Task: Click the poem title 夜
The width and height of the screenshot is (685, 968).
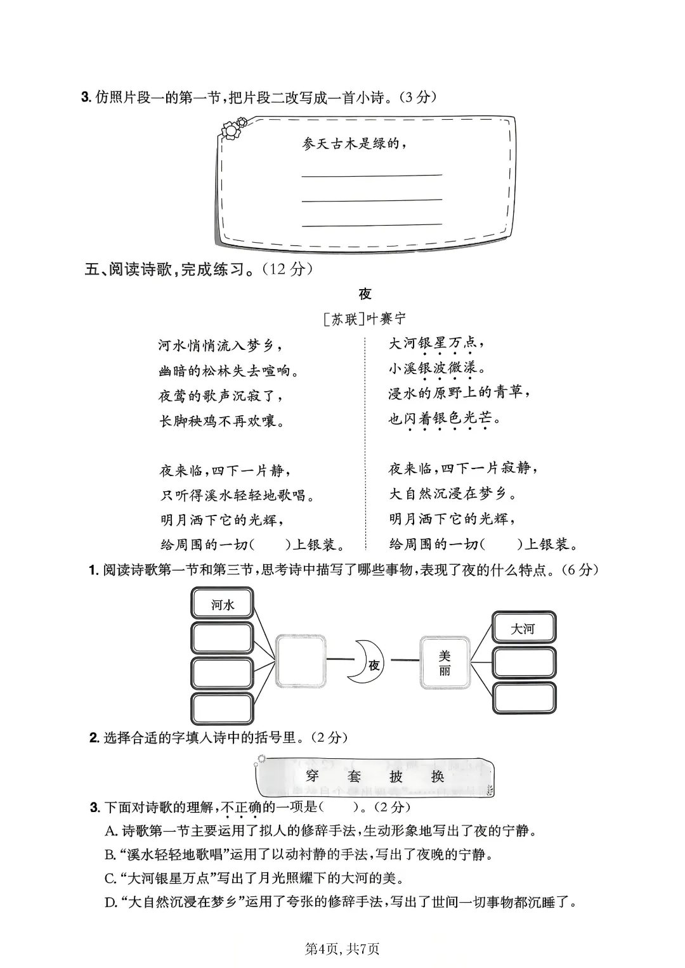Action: (365, 294)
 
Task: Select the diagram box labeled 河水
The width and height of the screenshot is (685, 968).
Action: (223, 605)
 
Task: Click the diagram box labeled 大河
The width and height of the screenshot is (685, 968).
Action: (523, 629)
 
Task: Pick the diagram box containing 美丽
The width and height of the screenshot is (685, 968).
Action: (445, 662)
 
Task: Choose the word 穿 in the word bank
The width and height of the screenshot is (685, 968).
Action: (311, 776)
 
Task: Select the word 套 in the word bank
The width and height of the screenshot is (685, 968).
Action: (353, 776)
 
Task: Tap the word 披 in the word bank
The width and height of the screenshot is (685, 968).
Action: (396, 776)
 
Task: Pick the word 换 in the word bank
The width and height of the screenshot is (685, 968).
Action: (438, 776)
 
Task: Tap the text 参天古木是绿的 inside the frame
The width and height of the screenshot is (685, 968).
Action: (354, 144)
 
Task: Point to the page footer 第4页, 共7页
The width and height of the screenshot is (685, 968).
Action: (342, 948)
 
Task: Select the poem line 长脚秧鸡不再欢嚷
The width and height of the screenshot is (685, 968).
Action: (221, 421)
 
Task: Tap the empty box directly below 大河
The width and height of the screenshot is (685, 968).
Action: (524, 663)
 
